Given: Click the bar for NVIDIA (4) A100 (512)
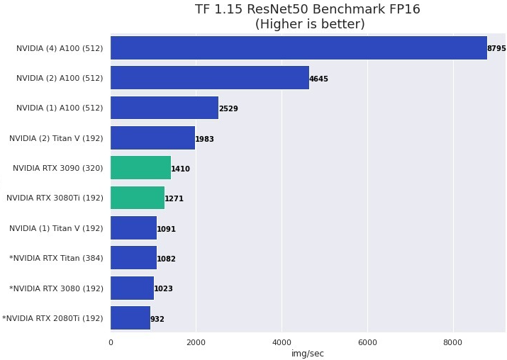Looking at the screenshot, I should [298, 48].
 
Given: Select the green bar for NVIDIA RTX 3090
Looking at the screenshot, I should [140, 168].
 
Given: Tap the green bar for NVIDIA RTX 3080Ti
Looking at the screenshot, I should [138, 198].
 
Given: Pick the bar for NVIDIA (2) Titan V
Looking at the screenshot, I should [152, 138].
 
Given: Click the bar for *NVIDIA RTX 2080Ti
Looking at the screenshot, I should [130, 318].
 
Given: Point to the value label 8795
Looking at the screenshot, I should [496, 49].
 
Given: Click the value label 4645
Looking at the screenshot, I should [318, 79].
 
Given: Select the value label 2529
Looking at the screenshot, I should [228, 109].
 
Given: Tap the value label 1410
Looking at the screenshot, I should [180, 169].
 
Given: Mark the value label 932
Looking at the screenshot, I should [157, 319].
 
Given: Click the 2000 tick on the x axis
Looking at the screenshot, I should [196, 342].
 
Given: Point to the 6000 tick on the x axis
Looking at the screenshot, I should [367, 342].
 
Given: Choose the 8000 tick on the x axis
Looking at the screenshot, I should [452, 342].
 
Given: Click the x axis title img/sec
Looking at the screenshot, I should [308, 354].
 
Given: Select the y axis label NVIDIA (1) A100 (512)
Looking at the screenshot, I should [60, 108].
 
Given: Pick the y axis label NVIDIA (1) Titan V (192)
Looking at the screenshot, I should [56, 228].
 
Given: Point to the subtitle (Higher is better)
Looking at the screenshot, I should [310, 24].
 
